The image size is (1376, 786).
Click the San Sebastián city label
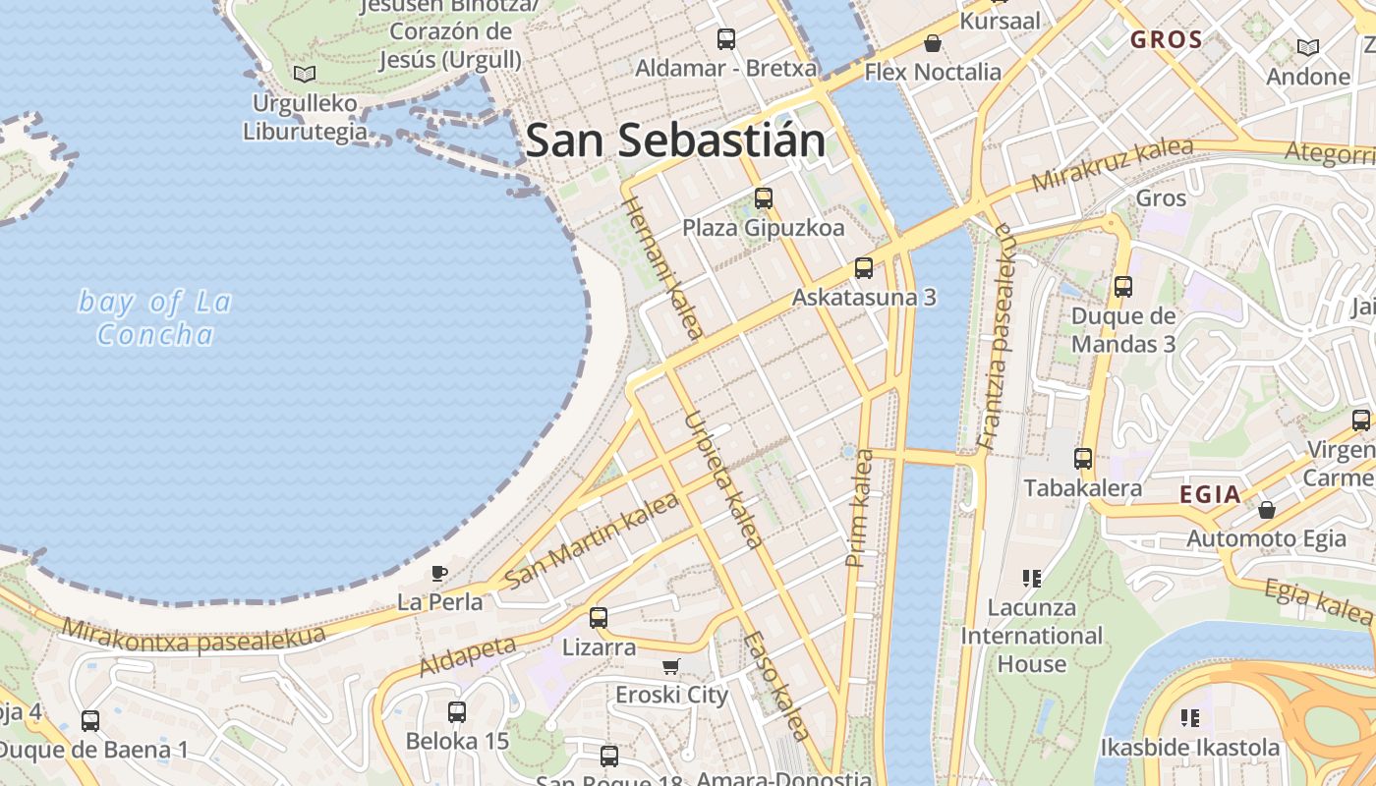tap(675, 140)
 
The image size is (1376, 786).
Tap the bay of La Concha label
tap(155, 317)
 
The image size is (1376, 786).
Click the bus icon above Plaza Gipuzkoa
tap(764, 198)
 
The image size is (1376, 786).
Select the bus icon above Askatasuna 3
tap(864, 267)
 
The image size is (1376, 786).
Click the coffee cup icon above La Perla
tap(439, 573)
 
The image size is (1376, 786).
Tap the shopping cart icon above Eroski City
tap(671, 667)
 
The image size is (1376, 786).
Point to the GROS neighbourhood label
tap(1167, 40)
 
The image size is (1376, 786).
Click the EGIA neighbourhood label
tap(1210, 494)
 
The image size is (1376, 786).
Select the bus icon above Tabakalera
tap(1083, 458)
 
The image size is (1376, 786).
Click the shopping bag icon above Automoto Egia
tap(1267, 510)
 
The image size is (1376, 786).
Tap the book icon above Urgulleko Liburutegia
tap(306, 74)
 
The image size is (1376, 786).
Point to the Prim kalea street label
tap(859, 508)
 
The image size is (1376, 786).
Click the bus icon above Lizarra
tap(599, 618)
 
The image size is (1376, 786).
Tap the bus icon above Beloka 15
tap(457, 712)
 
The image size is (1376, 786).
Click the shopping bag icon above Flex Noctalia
tap(932, 43)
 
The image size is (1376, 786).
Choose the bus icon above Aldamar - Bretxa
tap(726, 39)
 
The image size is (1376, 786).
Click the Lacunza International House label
tap(1031, 636)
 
